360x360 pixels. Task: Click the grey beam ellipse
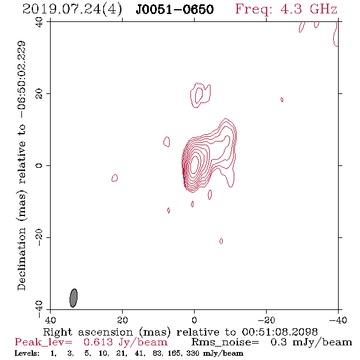(73, 298)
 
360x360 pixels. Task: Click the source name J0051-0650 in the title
(175, 9)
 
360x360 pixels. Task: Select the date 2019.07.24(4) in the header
(73, 10)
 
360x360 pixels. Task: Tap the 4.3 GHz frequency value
(309, 9)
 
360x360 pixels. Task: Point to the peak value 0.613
(98, 342)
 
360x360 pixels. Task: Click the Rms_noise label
(225, 342)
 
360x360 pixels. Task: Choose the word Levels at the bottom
(27, 353)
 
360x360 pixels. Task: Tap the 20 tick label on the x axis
(123, 320)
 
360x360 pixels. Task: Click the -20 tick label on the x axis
(266, 320)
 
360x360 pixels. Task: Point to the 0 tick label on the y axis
(39, 165)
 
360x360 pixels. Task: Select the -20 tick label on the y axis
(39, 237)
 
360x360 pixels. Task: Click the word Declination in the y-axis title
(21, 259)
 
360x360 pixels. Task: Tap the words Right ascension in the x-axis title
(88, 333)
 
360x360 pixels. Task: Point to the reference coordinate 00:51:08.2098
(280, 332)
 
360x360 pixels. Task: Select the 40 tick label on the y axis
(39, 22)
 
